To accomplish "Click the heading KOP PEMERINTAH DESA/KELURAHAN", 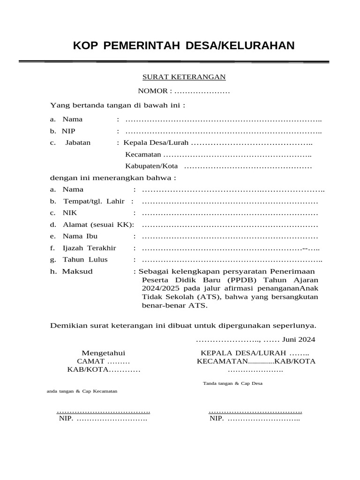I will point(184,45).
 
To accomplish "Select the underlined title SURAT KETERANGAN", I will point(184,77).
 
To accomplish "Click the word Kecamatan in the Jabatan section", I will point(143,154).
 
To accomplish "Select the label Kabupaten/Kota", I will point(151,166).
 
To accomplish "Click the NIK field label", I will point(70,213).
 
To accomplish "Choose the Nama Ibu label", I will point(80,236).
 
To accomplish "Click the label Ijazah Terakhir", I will point(90,248).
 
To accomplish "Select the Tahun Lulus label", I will point(85,260).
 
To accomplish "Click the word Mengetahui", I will point(104,353).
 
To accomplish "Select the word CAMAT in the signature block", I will point(91,361).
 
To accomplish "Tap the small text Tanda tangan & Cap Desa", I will point(232,383).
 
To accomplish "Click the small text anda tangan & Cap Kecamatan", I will point(82,391).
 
